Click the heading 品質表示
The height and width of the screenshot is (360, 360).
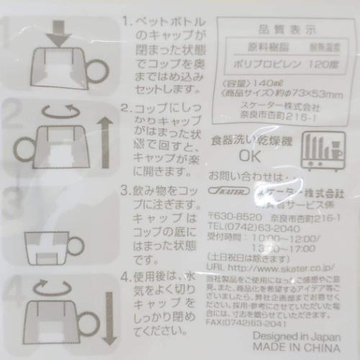pyautogui.click(x=276, y=30)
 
